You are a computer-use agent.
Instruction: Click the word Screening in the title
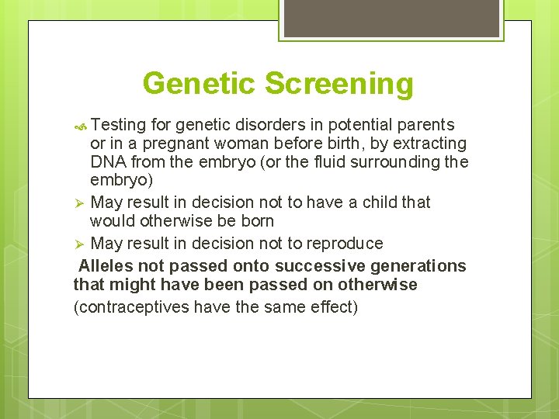click(x=340, y=84)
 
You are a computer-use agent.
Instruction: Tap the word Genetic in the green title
click(x=200, y=84)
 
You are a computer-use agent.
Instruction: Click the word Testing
click(x=116, y=125)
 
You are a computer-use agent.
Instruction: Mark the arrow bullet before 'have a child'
click(x=79, y=203)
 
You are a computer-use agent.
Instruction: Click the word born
click(x=257, y=221)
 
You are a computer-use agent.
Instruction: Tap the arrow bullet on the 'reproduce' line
click(x=79, y=244)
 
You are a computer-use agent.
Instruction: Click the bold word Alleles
click(x=106, y=266)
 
